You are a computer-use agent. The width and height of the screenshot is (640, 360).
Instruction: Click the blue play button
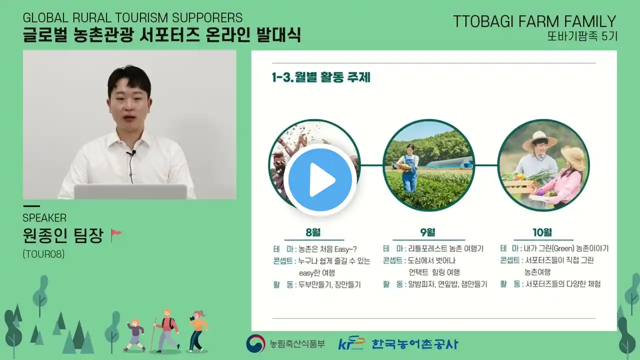(x=320, y=180)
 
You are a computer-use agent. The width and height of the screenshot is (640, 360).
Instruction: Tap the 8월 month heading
(x=313, y=232)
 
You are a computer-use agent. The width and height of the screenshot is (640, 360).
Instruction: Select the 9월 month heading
(x=427, y=232)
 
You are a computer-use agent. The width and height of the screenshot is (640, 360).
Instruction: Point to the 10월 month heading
(x=542, y=232)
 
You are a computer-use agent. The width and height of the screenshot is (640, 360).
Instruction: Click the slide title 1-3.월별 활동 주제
(x=321, y=77)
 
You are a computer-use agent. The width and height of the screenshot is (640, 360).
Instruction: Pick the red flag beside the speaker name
(x=116, y=235)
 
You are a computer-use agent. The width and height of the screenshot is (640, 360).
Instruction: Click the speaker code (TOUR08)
(x=43, y=254)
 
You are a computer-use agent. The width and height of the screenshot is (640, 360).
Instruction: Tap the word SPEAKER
(x=44, y=218)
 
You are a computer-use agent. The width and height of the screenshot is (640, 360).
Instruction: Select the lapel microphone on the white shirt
(x=132, y=153)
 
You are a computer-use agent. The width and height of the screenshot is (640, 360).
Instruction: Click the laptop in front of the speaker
(x=130, y=191)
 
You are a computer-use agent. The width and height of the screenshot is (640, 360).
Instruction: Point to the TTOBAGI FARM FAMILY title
(x=534, y=21)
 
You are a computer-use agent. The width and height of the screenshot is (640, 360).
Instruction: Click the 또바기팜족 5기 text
(x=582, y=36)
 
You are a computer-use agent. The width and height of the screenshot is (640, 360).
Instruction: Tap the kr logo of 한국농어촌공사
(x=351, y=343)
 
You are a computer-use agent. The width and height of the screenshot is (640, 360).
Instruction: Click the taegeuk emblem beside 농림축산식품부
(x=255, y=343)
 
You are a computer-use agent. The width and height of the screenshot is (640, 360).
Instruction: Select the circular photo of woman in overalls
(x=428, y=165)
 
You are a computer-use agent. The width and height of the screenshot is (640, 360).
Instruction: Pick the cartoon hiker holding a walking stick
(x=167, y=330)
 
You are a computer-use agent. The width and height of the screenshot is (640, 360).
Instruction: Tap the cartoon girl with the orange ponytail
(x=198, y=331)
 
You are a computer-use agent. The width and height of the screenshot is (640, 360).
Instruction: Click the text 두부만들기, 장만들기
(x=329, y=285)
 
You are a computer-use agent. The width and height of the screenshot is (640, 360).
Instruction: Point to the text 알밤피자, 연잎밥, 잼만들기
(x=447, y=284)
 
